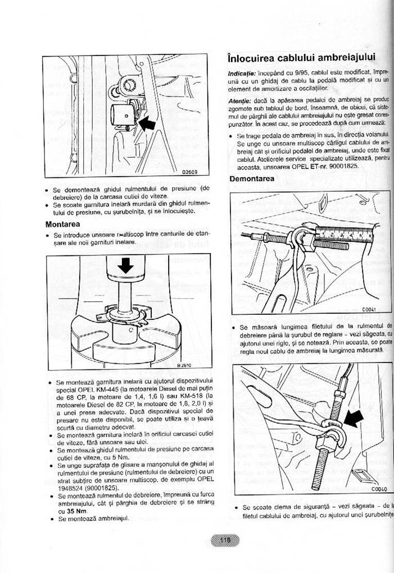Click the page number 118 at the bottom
click(x=225, y=540)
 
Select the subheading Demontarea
click(x=252, y=179)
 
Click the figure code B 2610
click(x=185, y=365)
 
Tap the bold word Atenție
click(x=241, y=99)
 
